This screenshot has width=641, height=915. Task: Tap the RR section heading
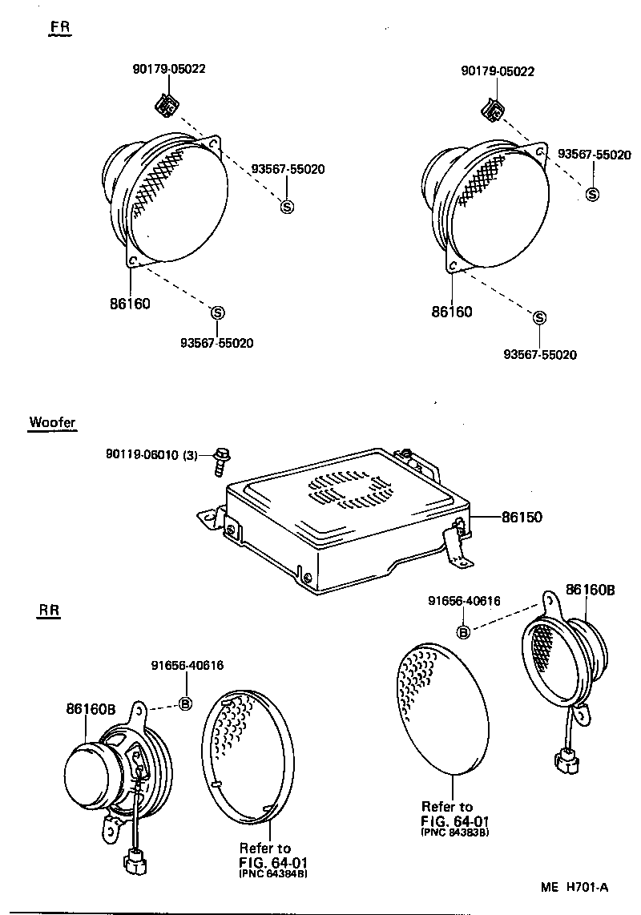point(50,611)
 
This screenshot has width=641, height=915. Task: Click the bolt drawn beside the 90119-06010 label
point(220,461)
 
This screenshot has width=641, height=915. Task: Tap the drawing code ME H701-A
point(574,886)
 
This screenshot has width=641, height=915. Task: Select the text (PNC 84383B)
point(454,832)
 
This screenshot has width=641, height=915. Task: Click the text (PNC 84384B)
point(272,873)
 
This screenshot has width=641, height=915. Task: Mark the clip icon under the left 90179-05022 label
point(167,104)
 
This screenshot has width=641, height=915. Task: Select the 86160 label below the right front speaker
point(452,312)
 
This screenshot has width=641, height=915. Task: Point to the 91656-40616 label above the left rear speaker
point(187,666)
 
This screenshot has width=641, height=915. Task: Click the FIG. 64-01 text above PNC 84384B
point(273,861)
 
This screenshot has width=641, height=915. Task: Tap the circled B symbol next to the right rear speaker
point(462,632)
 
